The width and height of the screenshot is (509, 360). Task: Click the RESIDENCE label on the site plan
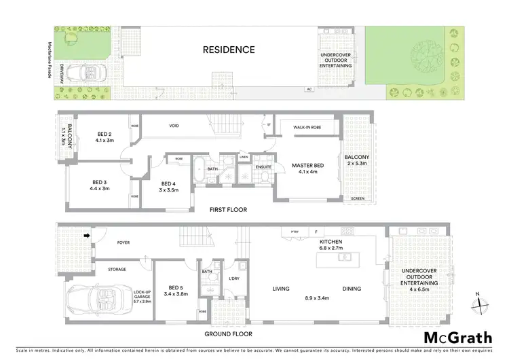[x=228, y=50]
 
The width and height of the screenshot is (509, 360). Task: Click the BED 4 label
[x=168, y=183]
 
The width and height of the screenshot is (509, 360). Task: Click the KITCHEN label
[x=331, y=241]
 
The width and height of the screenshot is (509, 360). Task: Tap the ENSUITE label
[x=263, y=166]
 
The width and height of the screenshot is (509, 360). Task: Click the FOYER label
[x=123, y=241]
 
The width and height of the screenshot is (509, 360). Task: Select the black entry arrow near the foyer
[x=87, y=236]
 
